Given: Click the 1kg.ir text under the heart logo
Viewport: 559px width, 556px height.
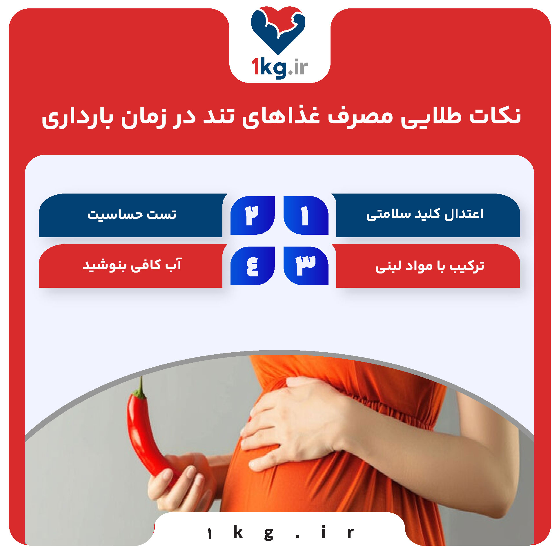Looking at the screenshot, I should pyautogui.click(x=279, y=68).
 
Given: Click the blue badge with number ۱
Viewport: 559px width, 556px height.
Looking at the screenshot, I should pyautogui.click(x=306, y=215).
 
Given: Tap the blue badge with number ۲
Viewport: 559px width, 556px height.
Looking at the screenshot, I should pyautogui.click(x=253, y=215).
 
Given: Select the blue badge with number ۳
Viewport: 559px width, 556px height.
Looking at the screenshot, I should pyautogui.click(x=306, y=265).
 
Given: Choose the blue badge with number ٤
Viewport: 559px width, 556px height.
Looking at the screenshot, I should pyautogui.click(x=253, y=265).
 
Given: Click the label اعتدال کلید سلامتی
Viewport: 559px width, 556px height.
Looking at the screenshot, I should pyautogui.click(x=425, y=215).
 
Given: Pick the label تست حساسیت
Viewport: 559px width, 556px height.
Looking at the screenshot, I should pyautogui.click(x=132, y=215).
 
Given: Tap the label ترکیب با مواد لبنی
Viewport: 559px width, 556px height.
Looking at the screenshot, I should pyautogui.click(x=429, y=266).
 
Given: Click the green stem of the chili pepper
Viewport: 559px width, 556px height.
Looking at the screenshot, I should pyautogui.click(x=141, y=388).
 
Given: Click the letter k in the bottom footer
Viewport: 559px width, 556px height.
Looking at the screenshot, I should pyautogui.click(x=238, y=532).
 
